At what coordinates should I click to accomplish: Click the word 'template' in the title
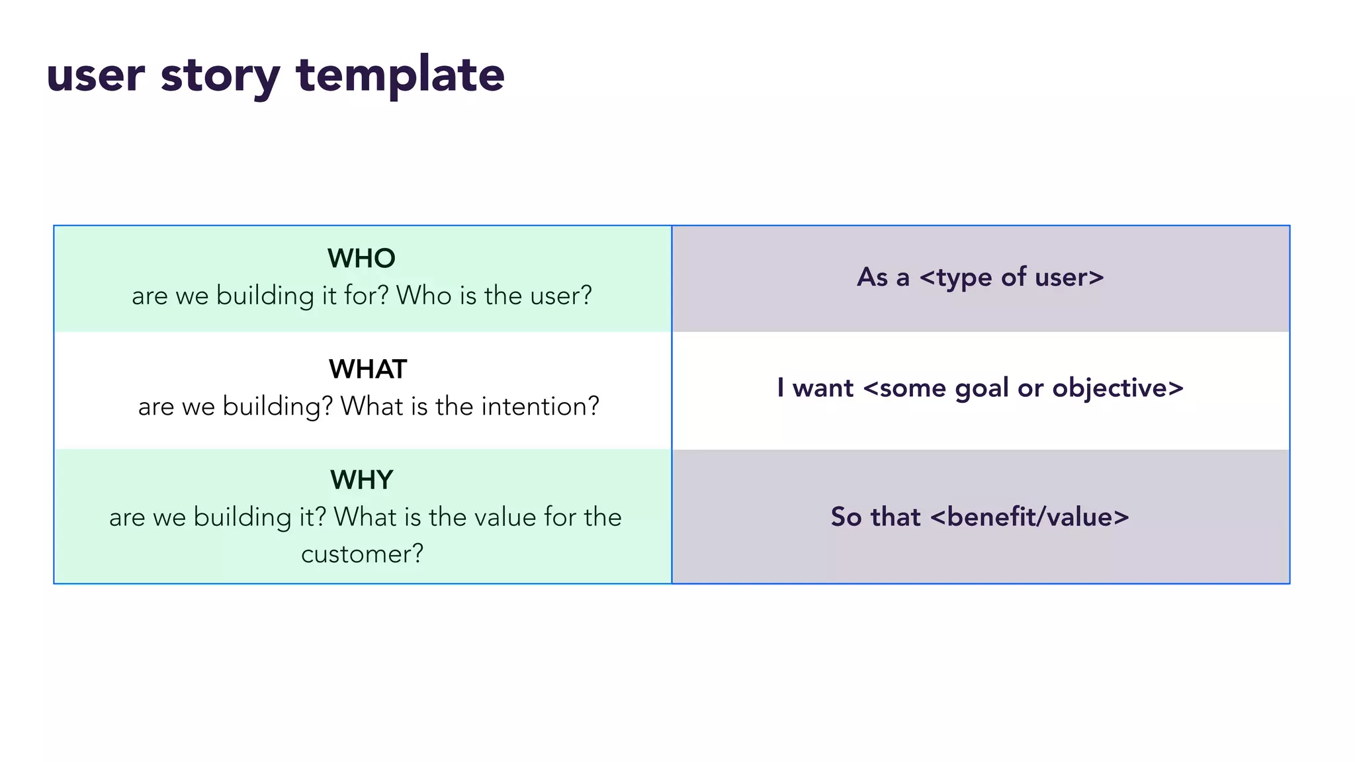point(400,75)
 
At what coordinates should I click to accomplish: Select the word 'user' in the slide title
point(95,75)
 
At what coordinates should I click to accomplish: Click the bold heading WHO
point(361,258)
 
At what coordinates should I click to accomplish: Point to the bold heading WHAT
point(368,369)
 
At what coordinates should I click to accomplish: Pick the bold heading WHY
point(362,480)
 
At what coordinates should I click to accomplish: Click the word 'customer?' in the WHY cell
point(362,554)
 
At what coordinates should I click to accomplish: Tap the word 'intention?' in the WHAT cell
point(540,406)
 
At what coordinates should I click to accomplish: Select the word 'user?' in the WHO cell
point(561,296)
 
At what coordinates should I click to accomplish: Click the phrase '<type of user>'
point(1012,277)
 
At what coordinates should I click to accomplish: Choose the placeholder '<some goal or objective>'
point(1023,388)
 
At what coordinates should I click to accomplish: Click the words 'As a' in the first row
point(883,277)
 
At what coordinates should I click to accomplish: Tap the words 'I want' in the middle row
point(815,388)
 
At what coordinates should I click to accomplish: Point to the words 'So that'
point(875,517)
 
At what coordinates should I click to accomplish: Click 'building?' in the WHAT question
point(278,406)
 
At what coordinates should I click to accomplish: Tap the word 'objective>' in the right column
point(1117,388)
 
